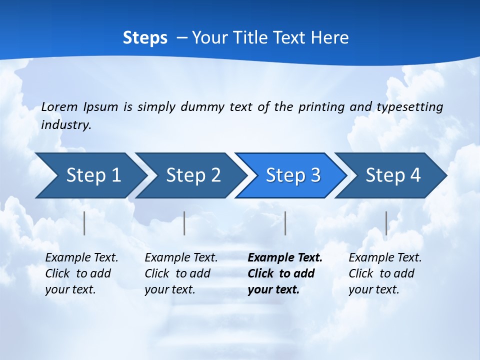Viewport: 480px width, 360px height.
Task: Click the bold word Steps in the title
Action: [145, 37]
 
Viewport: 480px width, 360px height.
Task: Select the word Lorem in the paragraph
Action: [59, 106]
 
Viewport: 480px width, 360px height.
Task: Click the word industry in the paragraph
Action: [65, 124]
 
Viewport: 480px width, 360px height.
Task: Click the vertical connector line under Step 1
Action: [84, 223]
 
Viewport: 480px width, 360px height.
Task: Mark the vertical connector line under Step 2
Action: [184, 223]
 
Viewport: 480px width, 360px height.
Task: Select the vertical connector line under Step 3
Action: [285, 223]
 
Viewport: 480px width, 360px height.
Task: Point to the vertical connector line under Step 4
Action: [386, 223]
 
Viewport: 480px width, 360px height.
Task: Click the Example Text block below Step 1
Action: [81, 273]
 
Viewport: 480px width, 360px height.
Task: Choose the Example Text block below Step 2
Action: [181, 273]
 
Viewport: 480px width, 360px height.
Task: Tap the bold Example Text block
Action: [285, 273]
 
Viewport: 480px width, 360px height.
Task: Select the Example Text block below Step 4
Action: [385, 273]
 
